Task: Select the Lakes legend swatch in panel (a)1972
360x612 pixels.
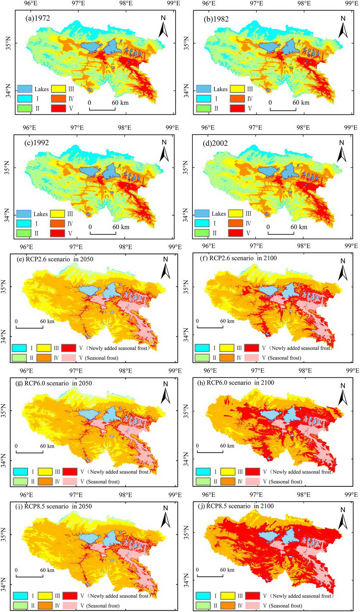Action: [24, 89]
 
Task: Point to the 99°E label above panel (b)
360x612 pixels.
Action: [352, 3]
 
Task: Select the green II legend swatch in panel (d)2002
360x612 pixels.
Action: [202, 233]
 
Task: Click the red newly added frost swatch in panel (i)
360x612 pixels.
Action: [69, 596]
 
